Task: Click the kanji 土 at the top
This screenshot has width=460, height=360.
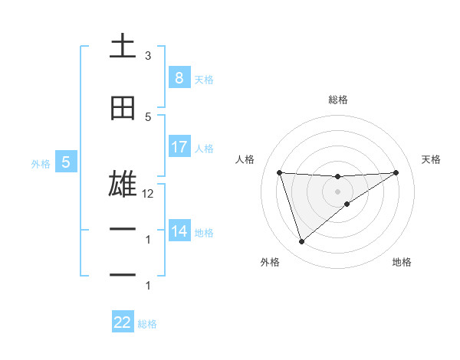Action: [x=123, y=47]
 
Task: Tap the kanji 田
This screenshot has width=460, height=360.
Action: [x=123, y=108]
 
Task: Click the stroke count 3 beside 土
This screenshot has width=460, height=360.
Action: [x=148, y=56]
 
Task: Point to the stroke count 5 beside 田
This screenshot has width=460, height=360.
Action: [x=148, y=117]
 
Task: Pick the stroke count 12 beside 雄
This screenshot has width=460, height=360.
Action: [x=148, y=194]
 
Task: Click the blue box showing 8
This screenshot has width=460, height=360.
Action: [x=179, y=78]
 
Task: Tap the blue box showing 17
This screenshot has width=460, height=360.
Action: [x=179, y=147]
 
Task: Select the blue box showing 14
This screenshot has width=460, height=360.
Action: [x=179, y=231]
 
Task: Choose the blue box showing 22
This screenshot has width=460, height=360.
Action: [x=123, y=322]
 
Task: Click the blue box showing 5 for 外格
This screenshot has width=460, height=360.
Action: [x=66, y=162]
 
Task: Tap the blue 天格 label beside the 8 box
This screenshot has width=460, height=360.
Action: [x=204, y=79]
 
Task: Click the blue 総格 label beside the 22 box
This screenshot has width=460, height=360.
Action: [x=147, y=324]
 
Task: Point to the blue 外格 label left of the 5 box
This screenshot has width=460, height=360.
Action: [x=40, y=163]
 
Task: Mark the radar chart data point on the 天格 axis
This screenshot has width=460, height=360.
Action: [x=396, y=172]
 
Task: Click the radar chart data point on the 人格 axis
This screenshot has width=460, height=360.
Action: [x=279, y=172]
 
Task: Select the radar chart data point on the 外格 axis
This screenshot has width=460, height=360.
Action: [x=301, y=242]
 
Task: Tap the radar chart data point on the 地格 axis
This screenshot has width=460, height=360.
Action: [x=347, y=204]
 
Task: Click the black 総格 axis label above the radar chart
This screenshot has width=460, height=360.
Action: [x=337, y=100]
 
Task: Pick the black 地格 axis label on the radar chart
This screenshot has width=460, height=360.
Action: [x=402, y=262]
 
